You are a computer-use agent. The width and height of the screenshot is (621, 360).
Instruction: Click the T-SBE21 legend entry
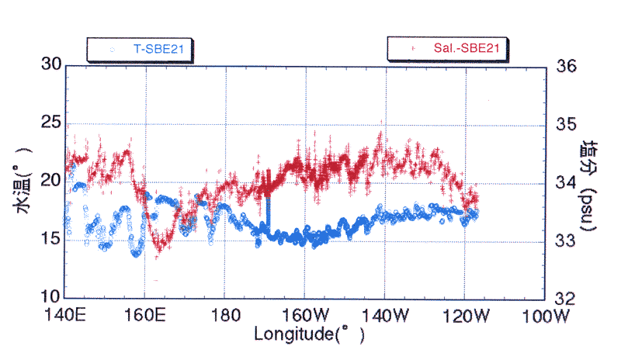tap(140, 49)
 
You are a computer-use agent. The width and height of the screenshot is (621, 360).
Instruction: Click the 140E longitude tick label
tap(65, 317)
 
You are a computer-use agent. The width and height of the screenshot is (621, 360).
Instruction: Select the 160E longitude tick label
tap(145, 317)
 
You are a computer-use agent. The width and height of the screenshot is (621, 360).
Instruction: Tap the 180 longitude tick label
tap(224, 317)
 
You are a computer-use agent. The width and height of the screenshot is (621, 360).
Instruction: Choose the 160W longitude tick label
tap(305, 317)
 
